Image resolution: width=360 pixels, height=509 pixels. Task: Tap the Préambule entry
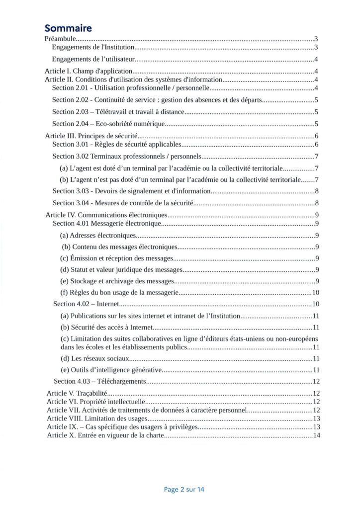coord(60,38)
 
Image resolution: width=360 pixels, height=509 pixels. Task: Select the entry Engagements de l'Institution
coord(93,48)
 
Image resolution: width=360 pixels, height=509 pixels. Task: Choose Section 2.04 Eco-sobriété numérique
coord(108,124)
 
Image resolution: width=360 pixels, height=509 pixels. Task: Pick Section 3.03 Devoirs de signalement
coord(132,191)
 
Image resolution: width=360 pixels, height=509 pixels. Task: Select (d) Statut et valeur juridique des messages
coord(121,270)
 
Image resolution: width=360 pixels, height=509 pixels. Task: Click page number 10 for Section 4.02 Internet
coord(315,304)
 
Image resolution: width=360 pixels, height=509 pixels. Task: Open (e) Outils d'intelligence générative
coord(111,369)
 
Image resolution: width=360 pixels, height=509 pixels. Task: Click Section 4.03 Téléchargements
coord(99,381)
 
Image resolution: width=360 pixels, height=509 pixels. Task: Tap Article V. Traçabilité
coord(73,393)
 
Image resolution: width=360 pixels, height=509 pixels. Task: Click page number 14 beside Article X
coord(315,435)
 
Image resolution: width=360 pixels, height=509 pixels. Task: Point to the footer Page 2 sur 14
coord(184,489)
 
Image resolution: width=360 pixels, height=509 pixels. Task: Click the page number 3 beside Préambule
coord(316,38)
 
